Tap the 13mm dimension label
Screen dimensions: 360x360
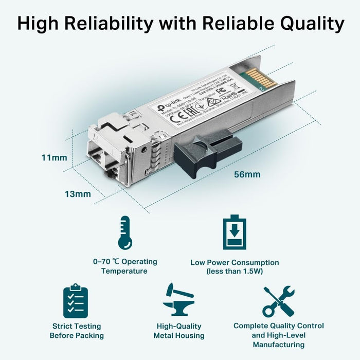(77, 194)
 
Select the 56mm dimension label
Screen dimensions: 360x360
(247, 174)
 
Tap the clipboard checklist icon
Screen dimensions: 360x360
(76, 301)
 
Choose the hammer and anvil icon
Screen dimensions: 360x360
(178, 301)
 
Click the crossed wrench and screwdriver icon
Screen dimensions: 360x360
(278, 301)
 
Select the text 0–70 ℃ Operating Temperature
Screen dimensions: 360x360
(124, 266)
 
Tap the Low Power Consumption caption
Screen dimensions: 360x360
(235, 262)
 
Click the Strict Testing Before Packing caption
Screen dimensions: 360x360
(77, 331)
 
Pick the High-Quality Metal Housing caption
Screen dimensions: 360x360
(179, 331)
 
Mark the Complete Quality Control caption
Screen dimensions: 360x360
(279, 326)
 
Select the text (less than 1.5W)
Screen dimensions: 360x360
(235, 271)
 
